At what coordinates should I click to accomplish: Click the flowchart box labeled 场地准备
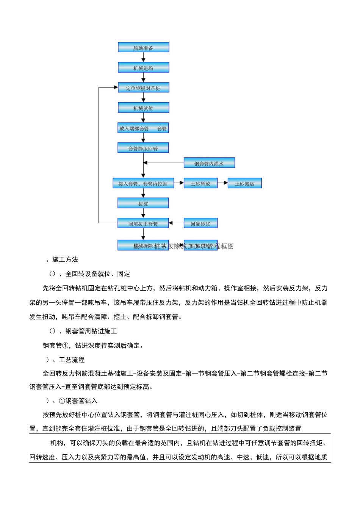pos(143,47)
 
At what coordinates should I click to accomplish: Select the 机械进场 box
pos(143,67)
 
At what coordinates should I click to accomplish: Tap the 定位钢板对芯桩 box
pos(143,88)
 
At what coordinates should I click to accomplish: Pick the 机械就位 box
pos(143,108)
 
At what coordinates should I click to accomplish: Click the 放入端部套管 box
pos(143,128)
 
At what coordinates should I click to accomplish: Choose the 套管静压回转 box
pos(143,148)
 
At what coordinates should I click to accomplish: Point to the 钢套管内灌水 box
pos(209,163)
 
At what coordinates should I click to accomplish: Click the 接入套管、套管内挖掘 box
pos(143,183)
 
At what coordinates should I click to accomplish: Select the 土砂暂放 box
pos(200,183)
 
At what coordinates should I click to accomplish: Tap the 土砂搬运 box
pos(244,183)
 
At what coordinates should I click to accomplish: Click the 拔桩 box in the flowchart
pos(143,203)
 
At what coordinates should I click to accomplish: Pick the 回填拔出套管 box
pos(143,223)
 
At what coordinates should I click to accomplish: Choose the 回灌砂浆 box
pos(200,223)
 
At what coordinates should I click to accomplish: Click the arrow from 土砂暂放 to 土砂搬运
pos(222,183)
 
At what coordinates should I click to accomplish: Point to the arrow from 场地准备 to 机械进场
pos(143,57)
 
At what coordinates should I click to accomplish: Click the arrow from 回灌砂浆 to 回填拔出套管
pos(176,223)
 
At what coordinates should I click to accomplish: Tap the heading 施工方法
pos(65,260)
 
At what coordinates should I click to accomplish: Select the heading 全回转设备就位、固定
pos(97,274)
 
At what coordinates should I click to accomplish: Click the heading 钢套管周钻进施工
pos(91,331)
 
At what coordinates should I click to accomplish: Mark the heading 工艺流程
pos(72,360)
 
